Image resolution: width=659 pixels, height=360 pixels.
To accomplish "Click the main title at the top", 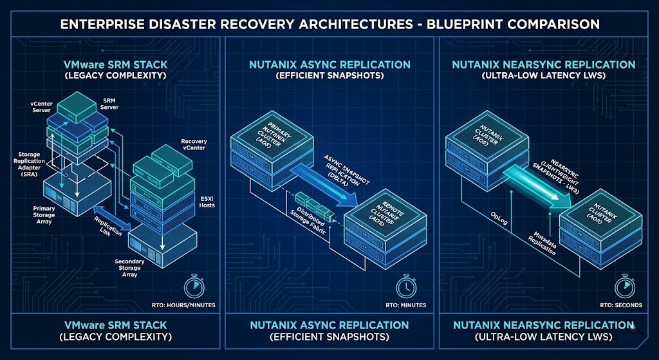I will point(329,24).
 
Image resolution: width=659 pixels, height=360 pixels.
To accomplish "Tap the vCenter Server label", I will point(42,106).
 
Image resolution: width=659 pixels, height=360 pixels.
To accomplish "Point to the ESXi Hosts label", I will point(207,202).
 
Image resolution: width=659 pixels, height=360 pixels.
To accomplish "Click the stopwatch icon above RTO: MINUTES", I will point(405,285).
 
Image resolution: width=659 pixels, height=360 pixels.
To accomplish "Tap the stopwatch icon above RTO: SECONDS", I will point(623,285).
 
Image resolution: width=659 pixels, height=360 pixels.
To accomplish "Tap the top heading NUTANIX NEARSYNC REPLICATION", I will point(543,65).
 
